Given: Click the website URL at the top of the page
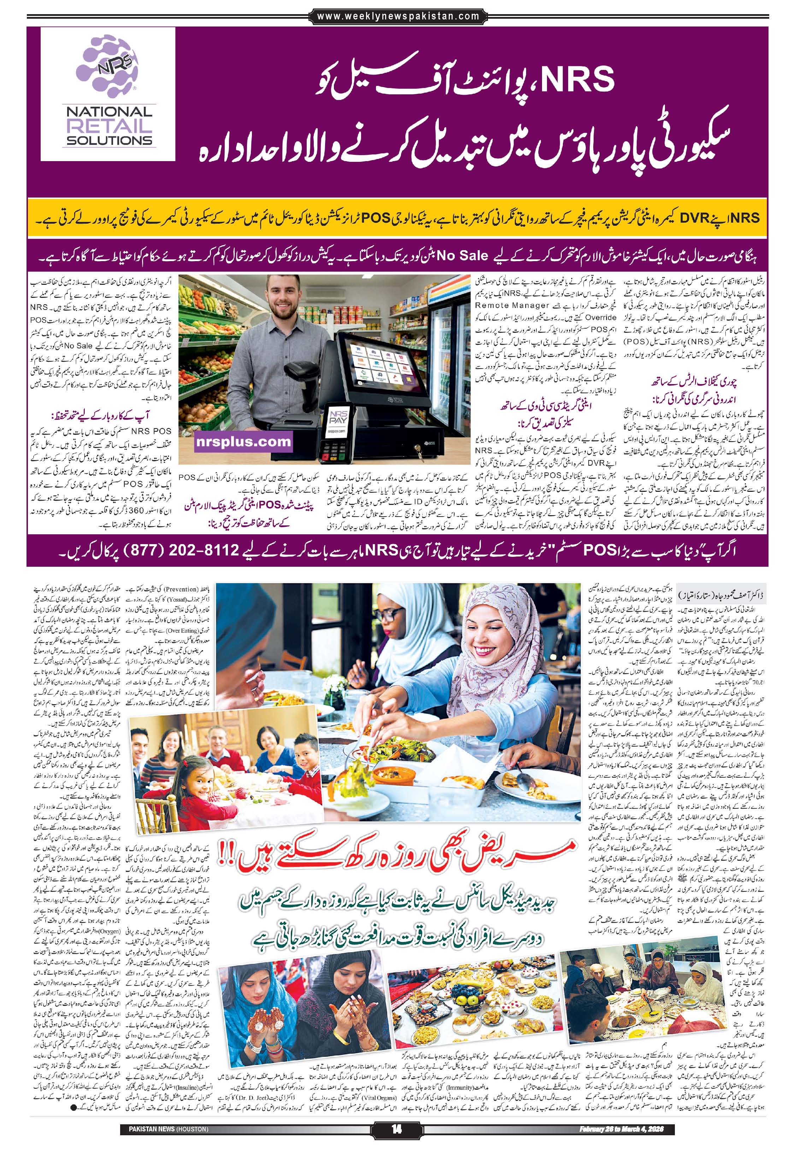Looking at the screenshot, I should tap(398, 16).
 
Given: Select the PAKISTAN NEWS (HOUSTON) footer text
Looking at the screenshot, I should tap(164, 1125).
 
